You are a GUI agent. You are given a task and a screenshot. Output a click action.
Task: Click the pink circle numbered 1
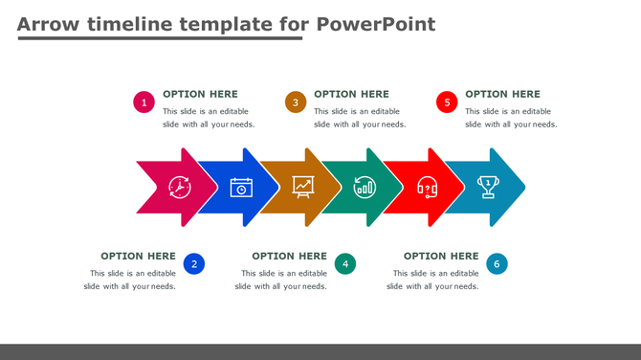(144, 101)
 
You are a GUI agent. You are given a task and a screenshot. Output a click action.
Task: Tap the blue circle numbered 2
(193, 264)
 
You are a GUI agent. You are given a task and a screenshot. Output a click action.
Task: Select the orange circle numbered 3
(296, 101)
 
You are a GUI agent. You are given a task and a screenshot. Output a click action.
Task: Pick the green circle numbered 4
(345, 264)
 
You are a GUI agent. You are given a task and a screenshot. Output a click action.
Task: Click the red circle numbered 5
(447, 101)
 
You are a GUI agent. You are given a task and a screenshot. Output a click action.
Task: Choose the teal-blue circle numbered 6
(497, 264)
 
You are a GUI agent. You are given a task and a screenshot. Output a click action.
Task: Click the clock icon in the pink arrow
(180, 187)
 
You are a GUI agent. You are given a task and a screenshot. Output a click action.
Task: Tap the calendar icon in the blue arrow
(241, 187)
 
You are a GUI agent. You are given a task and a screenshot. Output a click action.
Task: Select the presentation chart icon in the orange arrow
(303, 187)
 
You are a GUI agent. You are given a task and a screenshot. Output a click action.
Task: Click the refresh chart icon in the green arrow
(365, 187)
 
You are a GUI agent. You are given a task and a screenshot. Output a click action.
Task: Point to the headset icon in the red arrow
(427, 187)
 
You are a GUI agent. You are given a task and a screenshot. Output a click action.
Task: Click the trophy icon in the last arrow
(489, 187)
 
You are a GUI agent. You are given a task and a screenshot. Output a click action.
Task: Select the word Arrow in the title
(49, 24)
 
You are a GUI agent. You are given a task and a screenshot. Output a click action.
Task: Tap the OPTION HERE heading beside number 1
(200, 94)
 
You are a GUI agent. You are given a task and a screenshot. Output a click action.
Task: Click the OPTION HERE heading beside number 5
(502, 94)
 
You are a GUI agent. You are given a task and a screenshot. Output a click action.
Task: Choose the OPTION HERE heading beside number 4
(289, 256)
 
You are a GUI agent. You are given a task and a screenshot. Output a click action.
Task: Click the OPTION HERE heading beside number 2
(138, 256)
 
